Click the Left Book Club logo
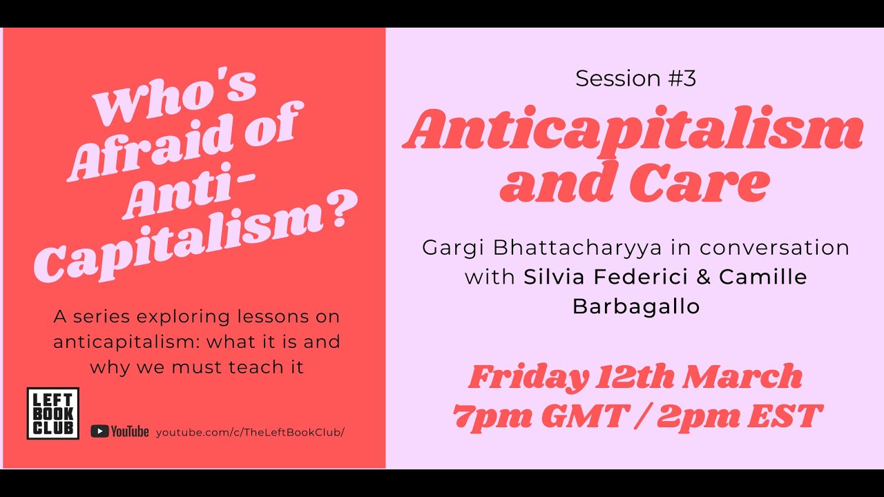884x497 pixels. (52, 413)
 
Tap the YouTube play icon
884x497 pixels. (99, 431)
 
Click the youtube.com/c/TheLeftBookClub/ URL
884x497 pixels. (250, 432)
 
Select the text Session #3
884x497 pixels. (635, 79)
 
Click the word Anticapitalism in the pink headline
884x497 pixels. (633, 130)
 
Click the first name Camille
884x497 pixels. (763, 277)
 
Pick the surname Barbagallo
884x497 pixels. (635, 306)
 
